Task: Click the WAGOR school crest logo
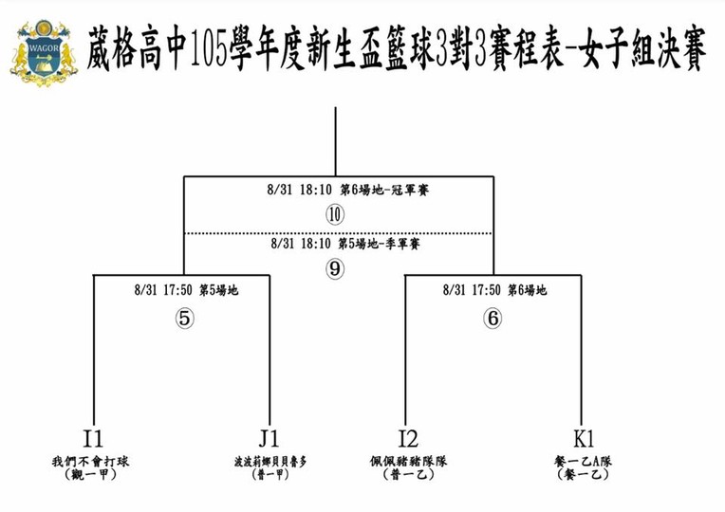pyautogui.click(x=43, y=53)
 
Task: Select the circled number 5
pyautogui.click(x=185, y=320)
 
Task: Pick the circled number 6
pyautogui.click(x=492, y=320)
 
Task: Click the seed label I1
pyautogui.click(x=93, y=439)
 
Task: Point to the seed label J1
pyautogui.click(x=269, y=439)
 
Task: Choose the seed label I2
pyautogui.click(x=408, y=439)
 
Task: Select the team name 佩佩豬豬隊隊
pyautogui.click(x=408, y=462)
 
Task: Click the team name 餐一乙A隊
pyautogui.click(x=583, y=462)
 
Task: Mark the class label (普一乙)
pyautogui.click(x=408, y=475)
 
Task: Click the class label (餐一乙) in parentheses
pyautogui.click(x=583, y=475)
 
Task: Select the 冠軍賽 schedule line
pyautogui.click(x=348, y=191)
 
